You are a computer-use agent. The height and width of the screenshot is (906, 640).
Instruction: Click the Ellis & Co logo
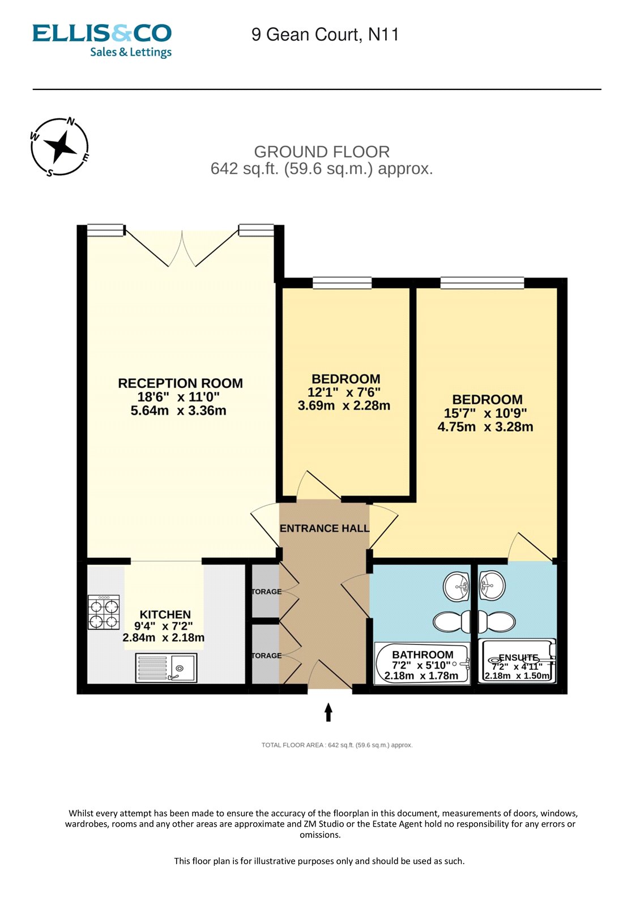pos(102,40)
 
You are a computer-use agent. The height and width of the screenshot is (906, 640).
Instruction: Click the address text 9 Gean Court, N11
pos(325,35)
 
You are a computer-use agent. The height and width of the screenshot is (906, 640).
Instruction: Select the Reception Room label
pos(180,383)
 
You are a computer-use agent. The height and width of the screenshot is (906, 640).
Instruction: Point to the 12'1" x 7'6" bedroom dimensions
pos(344,392)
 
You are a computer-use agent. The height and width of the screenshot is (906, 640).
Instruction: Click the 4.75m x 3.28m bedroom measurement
pos(485,427)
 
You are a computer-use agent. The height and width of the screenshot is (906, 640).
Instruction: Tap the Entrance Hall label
pos(325,528)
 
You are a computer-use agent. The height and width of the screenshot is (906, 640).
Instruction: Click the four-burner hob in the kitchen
pos(104,612)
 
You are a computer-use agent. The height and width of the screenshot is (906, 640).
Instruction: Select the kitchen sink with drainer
pos(166,668)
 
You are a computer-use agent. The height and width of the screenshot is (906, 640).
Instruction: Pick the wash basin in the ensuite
pos(492,585)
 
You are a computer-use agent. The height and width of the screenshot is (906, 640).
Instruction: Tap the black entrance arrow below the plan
pos(328,712)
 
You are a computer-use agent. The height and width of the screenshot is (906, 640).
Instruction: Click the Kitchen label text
pos(165,614)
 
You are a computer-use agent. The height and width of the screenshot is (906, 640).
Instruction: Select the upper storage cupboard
pos(265,591)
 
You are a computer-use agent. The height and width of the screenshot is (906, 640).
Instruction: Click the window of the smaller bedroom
pos(342,283)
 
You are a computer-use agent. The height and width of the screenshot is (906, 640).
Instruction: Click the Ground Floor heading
pos(322,152)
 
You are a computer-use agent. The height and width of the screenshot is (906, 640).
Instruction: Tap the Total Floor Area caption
pos(337,745)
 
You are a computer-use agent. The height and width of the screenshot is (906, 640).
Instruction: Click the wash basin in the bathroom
pos(456,586)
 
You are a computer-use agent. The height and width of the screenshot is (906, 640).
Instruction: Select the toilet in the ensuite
pos(497,622)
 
